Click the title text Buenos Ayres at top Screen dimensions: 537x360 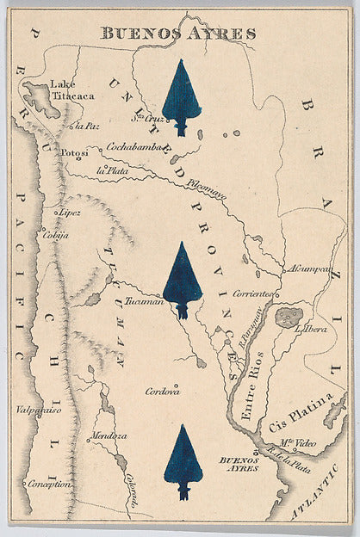[x=178, y=34]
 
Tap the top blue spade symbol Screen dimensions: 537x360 [x=181, y=96]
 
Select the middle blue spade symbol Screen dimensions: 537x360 [x=182, y=279]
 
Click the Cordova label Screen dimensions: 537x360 [x=162, y=391]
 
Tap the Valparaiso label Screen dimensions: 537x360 [x=39, y=410]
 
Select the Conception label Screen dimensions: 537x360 [x=50, y=485]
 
